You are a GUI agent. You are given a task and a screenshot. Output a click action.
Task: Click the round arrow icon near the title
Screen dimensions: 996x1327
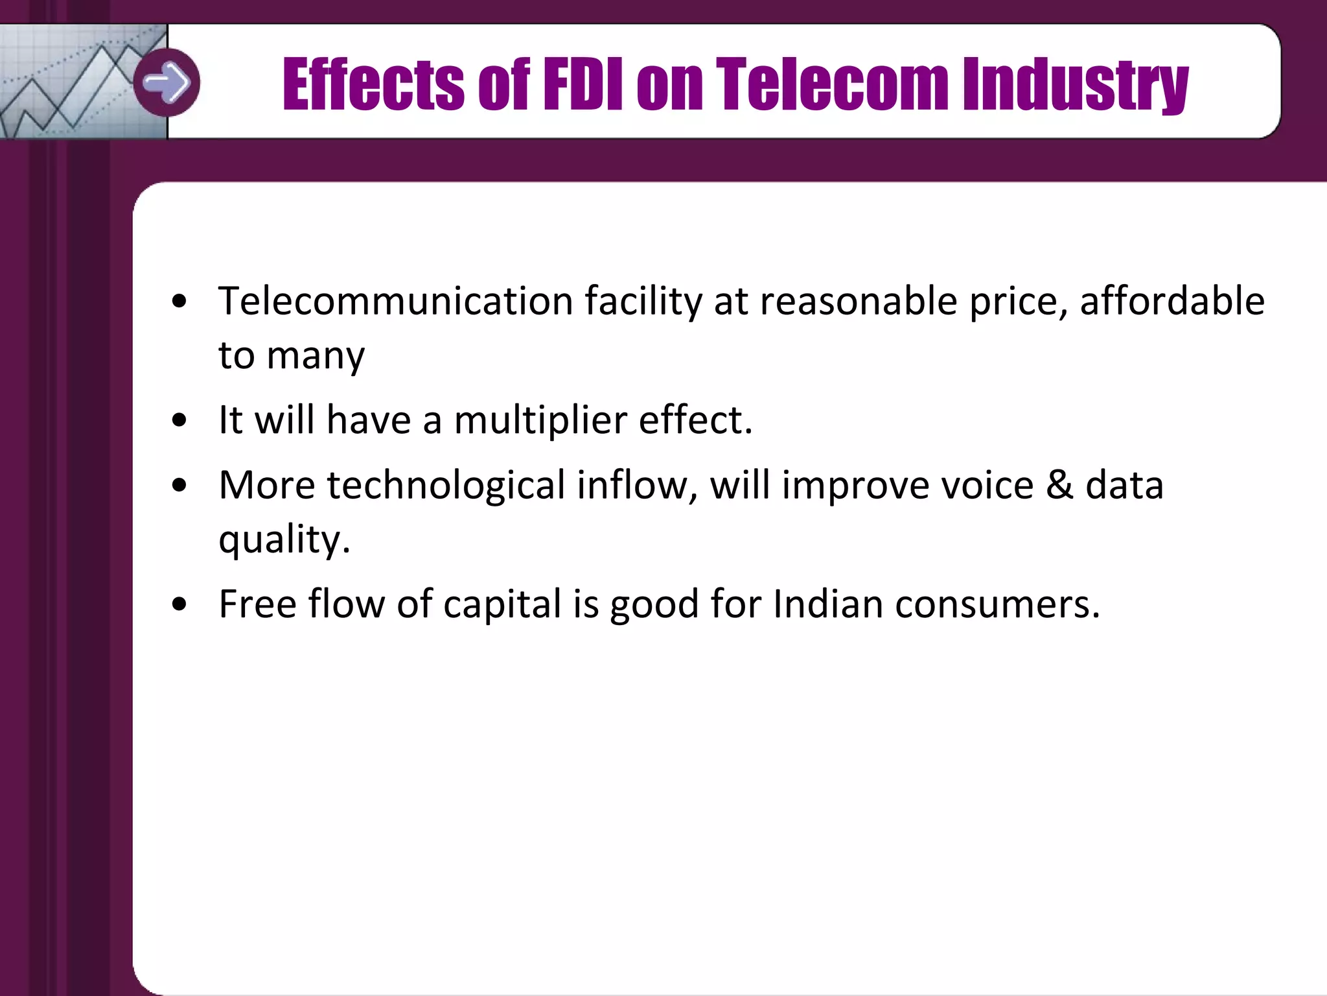click(x=167, y=82)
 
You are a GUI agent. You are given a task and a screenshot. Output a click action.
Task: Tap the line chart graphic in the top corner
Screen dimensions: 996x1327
click(x=71, y=84)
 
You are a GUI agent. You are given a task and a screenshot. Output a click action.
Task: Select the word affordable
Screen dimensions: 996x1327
click(x=1171, y=301)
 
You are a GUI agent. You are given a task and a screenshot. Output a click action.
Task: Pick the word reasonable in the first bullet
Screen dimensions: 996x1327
click(x=858, y=301)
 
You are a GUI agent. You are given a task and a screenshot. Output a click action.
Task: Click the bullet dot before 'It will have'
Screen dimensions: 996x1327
click(x=179, y=420)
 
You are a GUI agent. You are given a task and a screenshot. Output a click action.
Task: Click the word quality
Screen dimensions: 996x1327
click(x=283, y=539)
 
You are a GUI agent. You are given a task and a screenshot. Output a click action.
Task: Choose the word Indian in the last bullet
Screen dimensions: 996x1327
click(x=827, y=604)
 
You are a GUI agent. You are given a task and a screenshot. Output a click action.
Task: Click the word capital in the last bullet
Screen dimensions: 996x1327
click(x=502, y=604)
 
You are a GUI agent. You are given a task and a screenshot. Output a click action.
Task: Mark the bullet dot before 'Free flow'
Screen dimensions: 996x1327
click(x=179, y=604)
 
